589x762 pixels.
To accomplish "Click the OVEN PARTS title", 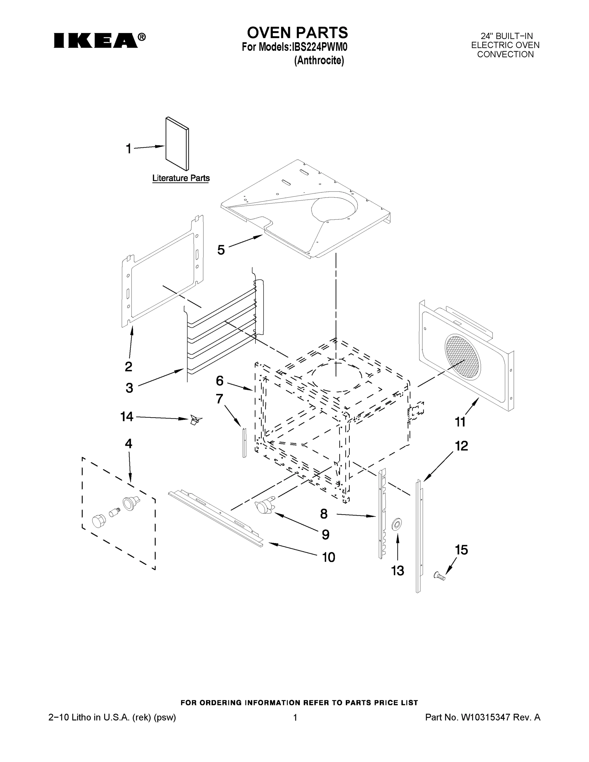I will coord(297,33).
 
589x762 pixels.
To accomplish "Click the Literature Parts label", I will coord(181,178).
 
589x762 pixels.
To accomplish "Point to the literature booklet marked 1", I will coord(177,144).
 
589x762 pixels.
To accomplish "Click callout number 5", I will coord(221,250).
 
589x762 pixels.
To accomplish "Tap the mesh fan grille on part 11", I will coord(463,356).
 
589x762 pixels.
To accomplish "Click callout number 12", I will coord(461,446).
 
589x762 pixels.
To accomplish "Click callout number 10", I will coord(328,557).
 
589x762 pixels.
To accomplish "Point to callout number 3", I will coord(129,388).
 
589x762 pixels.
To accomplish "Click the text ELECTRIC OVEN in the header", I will coord(505,45).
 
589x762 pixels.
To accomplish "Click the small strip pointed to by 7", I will coord(244,442).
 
